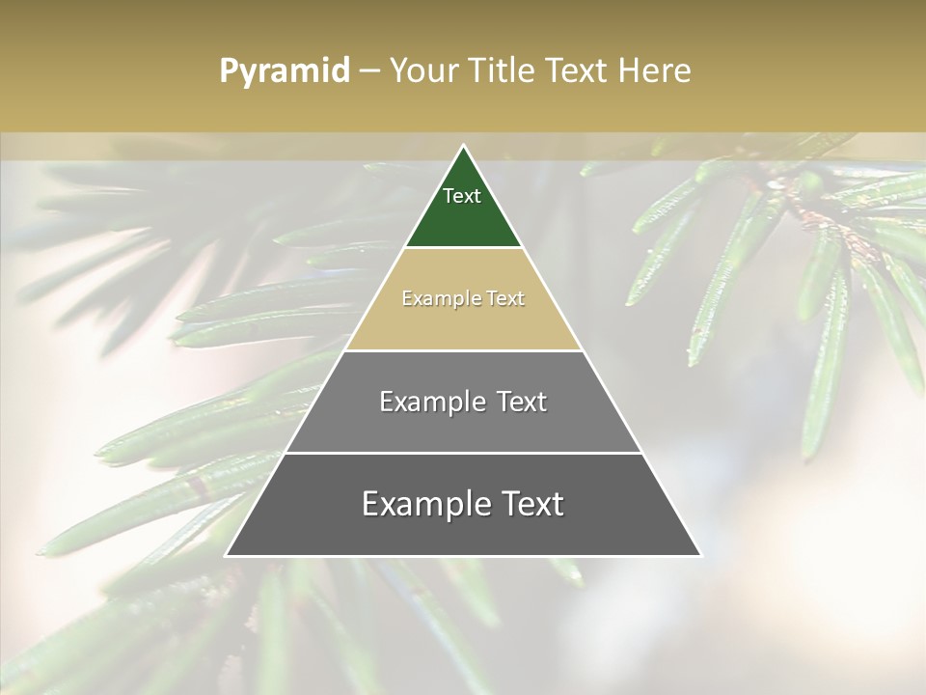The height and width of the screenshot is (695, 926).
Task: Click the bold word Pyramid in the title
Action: (x=285, y=71)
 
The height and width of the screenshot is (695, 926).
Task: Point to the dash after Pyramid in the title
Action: (x=368, y=71)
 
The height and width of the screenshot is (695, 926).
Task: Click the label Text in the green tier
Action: (x=462, y=196)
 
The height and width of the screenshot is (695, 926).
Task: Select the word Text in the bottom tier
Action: (x=532, y=504)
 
